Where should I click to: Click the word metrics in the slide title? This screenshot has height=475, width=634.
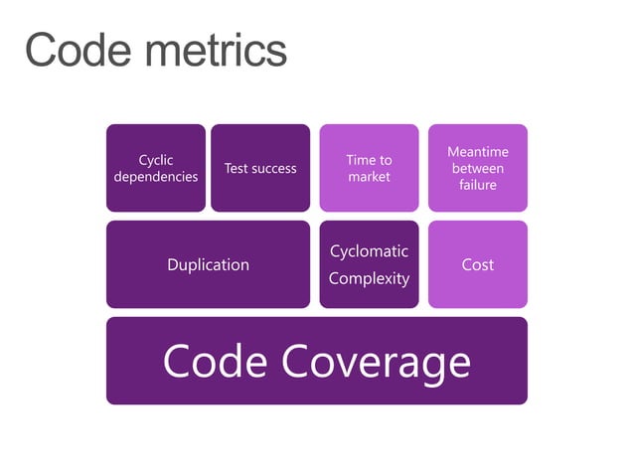[214, 50]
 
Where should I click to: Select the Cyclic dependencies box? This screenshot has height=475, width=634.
[156, 168]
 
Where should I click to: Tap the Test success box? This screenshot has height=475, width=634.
[260, 168]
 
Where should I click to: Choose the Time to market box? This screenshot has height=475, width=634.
[369, 168]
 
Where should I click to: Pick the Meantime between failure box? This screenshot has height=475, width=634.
[477, 168]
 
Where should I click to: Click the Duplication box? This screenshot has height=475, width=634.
[208, 264]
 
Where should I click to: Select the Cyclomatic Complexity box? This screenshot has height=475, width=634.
[369, 264]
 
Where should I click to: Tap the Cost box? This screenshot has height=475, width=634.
[477, 264]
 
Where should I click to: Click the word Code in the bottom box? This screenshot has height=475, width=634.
[215, 362]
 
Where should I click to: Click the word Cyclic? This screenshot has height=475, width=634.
[156, 160]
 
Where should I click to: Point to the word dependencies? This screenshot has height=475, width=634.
[156, 177]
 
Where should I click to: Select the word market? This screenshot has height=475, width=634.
[369, 177]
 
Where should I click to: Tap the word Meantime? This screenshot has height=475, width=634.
[477, 152]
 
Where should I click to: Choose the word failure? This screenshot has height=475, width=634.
[477, 185]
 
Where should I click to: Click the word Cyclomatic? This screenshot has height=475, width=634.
[369, 251]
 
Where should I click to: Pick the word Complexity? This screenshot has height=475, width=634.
[369, 278]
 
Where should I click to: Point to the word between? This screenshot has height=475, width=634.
[477, 169]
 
